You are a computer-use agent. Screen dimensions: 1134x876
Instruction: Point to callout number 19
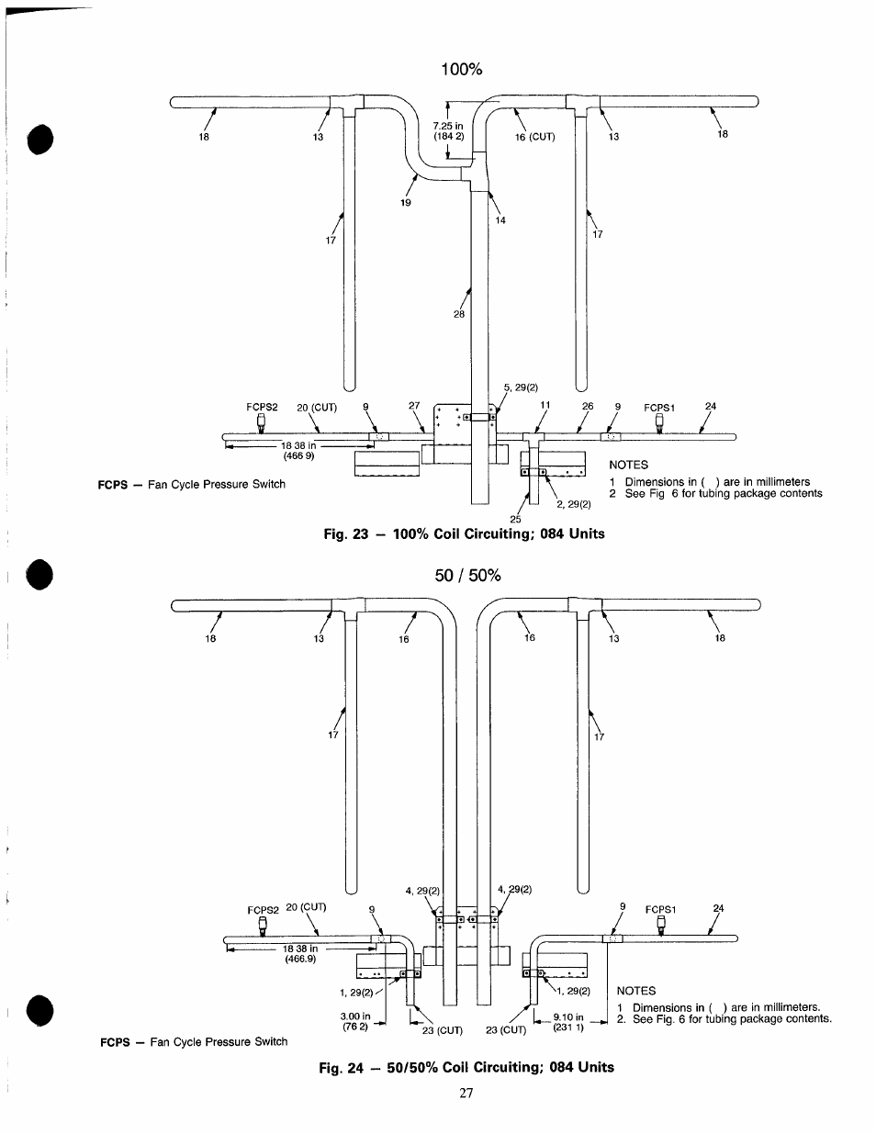(406, 202)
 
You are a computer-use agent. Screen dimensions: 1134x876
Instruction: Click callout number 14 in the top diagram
(500, 220)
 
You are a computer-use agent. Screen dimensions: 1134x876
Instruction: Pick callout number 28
(459, 314)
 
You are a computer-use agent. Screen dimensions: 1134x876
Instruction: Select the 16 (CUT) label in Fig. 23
(534, 137)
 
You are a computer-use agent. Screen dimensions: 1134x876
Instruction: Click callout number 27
(413, 406)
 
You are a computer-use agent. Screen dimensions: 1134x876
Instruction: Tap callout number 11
(545, 405)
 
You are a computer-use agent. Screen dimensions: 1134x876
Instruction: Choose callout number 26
(588, 406)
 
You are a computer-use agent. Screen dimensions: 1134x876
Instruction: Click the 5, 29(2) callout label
(520, 387)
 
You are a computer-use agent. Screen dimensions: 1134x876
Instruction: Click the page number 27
(466, 1093)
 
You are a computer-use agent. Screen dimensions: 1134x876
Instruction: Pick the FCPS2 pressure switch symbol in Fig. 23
(261, 423)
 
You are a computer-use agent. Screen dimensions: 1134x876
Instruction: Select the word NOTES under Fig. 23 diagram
(628, 465)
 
